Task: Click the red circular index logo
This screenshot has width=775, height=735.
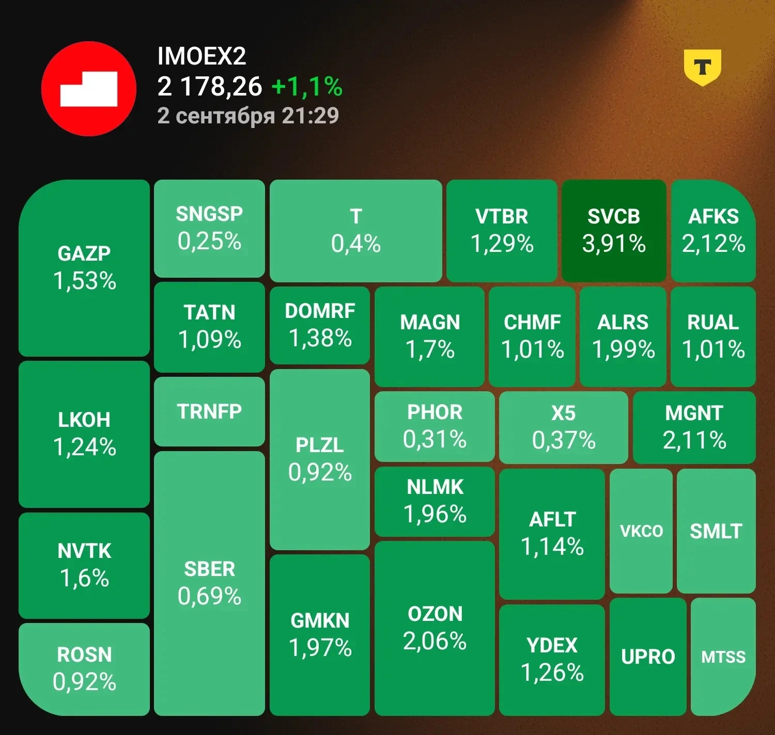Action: coord(89,89)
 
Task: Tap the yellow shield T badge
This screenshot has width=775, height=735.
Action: coord(702,67)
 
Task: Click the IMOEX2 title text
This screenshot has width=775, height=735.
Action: coord(202,56)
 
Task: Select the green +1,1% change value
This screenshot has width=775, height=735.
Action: coord(307,87)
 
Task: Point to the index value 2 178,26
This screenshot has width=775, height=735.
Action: coord(210,87)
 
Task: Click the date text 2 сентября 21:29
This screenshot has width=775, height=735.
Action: coord(248,116)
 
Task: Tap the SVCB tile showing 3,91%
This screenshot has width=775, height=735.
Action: coord(614,230)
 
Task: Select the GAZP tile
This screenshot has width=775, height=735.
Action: coord(84,268)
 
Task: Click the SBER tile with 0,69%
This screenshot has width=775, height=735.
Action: coord(209,583)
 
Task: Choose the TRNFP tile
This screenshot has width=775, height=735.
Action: coord(209,411)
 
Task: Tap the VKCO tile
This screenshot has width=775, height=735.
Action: coord(641,531)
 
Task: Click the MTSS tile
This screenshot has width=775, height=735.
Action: coord(723,657)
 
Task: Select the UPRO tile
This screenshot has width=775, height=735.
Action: coord(648,657)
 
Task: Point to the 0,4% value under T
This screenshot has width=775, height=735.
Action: coord(356,244)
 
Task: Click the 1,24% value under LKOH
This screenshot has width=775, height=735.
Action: coord(84,448)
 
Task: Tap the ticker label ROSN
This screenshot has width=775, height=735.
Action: coord(84,655)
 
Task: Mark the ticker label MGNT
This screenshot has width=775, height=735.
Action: coord(694,413)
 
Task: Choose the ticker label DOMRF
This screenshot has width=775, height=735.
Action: coord(320,311)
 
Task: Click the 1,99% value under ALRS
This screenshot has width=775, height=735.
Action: coord(623,349)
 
